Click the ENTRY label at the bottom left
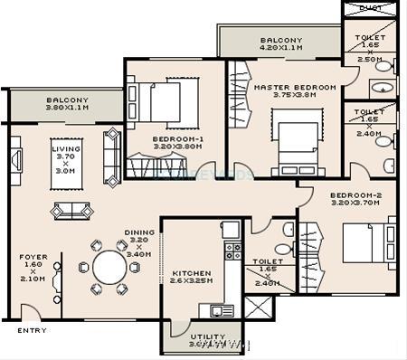32,331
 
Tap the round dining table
109,268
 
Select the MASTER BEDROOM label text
294,88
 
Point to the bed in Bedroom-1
166,101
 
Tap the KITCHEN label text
191,272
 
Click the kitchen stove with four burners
232,251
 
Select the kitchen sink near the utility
222,310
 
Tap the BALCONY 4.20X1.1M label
281,43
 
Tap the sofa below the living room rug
72,211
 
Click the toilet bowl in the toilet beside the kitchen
283,248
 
